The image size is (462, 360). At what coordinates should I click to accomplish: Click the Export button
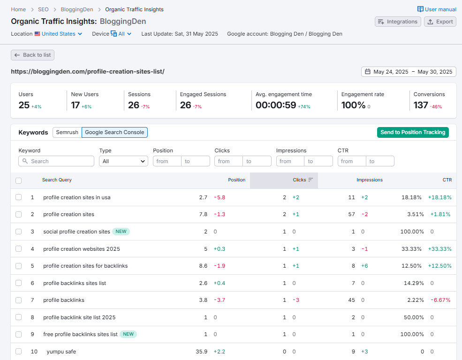(440, 22)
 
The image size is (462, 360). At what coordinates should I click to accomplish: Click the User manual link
(437, 9)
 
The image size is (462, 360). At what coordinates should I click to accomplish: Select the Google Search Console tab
(114, 132)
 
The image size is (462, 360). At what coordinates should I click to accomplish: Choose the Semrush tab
(67, 132)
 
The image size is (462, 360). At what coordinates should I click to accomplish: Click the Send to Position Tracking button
(413, 132)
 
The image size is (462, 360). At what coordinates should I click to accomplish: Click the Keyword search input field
(56, 161)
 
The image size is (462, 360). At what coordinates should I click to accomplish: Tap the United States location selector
(59, 34)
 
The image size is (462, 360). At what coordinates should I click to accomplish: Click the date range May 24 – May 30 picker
(409, 72)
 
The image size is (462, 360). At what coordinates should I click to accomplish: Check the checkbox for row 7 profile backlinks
(19, 300)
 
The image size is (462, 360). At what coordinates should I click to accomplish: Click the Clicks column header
(299, 180)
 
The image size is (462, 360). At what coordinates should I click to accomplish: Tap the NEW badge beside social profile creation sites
(121, 232)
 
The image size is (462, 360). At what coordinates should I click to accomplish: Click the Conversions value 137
(421, 105)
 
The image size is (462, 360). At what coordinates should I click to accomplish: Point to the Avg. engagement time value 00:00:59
(276, 105)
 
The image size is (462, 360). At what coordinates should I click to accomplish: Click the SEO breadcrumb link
(43, 9)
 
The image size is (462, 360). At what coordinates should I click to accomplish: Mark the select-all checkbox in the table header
(19, 180)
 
